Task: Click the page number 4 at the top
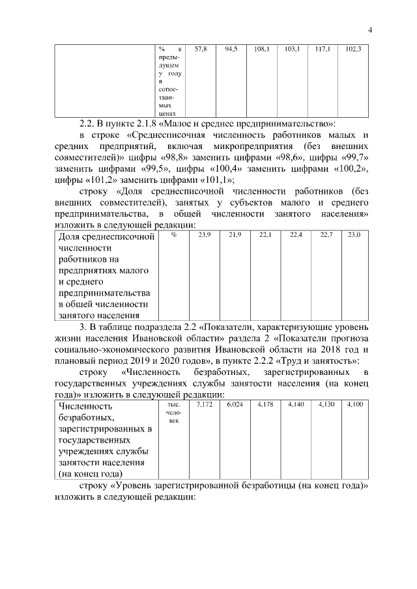pyautogui.click(x=369, y=30)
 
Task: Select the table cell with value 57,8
pyautogui.click(x=201, y=49)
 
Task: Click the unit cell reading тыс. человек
pyautogui.click(x=171, y=413)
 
